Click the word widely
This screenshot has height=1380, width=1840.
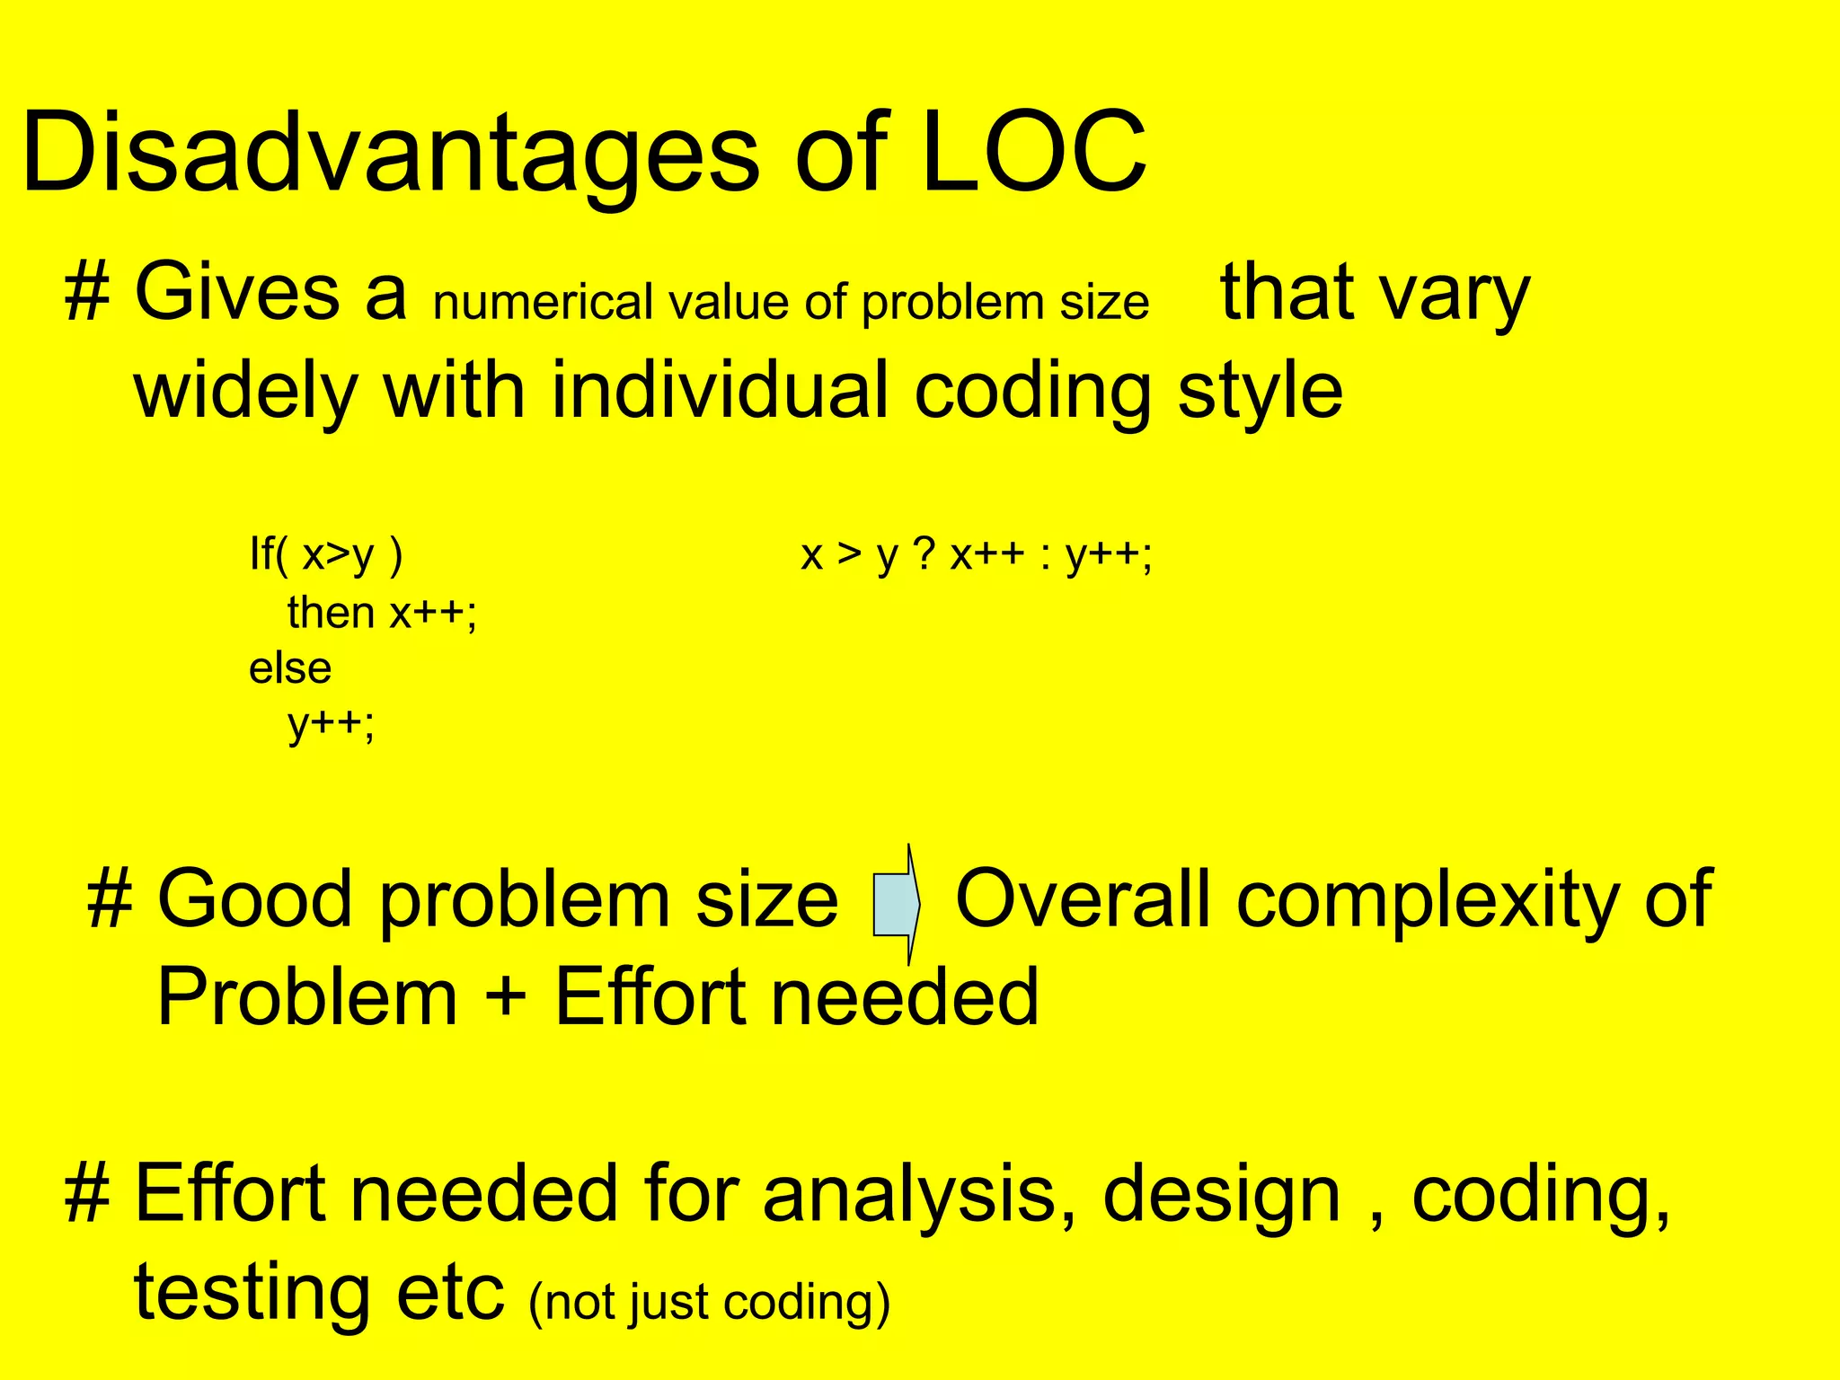tap(245, 391)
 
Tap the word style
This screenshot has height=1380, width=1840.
tap(1260, 391)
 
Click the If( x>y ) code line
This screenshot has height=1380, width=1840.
tap(326, 554)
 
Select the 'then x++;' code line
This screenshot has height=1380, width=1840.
tap(382, 613)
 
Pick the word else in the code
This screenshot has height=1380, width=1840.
tap(290, 668)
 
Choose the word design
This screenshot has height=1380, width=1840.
tap(1221, 1194)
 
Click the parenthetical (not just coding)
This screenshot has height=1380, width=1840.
tap(709, 1301)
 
